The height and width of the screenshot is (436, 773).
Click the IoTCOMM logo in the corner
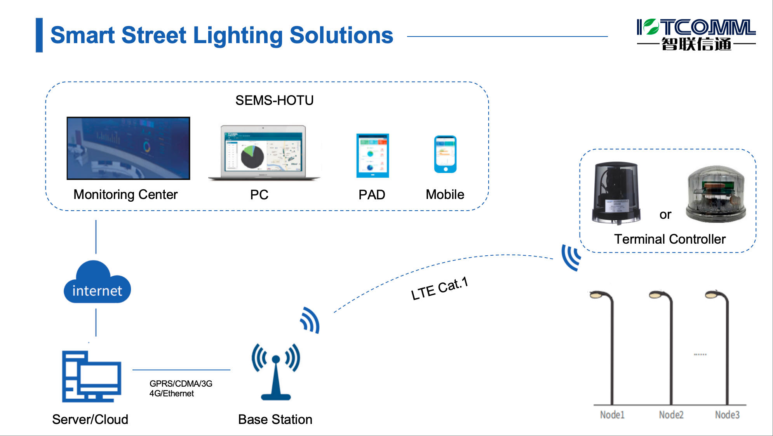[696, 35]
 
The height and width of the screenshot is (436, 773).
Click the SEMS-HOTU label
[274, 101]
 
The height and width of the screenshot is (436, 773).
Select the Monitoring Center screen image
[128, 148]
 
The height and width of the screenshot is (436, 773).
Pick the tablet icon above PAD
[373, 155]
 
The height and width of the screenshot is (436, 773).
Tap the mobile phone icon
[445, 154]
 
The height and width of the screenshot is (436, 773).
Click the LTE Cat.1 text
[439, 289]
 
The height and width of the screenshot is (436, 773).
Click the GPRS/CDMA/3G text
[181, 384]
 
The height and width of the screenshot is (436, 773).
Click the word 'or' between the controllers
[665, 215]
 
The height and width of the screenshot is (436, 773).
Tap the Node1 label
[612, 415]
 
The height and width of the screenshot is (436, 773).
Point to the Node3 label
[727, 415]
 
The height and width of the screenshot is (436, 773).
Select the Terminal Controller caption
[670, 239]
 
